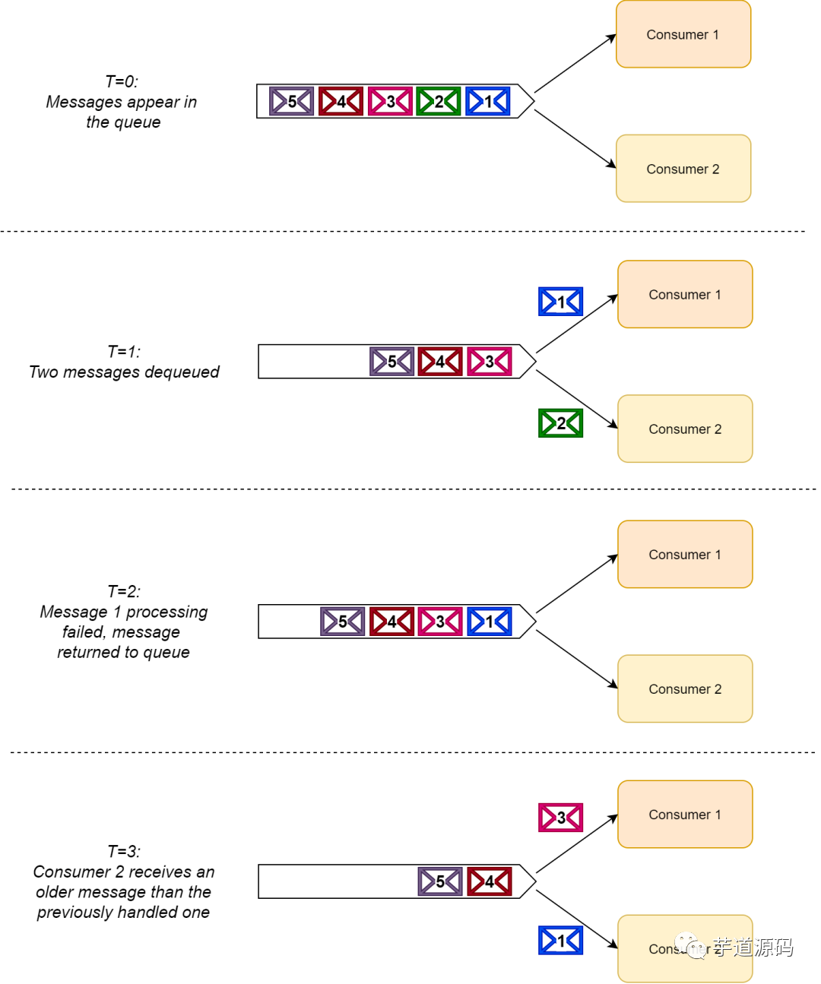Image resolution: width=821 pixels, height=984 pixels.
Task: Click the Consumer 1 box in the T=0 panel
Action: pyautogui.click(x=683, y=35)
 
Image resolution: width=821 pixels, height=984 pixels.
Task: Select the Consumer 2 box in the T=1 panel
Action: pyautogui.click(x=685, y=429)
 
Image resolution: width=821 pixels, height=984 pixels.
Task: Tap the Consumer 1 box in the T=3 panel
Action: pyautogui.click(x=685, y=815)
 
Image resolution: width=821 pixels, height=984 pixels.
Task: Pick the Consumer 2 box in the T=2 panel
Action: pyautogui.click(x=685, y=688)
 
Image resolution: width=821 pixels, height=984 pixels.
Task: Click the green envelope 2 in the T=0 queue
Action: pyautogui.click(x=439, y=102)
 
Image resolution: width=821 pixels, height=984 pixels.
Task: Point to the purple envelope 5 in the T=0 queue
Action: pyautogui.click(x=291, y=102)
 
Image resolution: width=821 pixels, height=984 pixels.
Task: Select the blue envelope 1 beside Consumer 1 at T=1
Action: pyautogui.click(x=560, y=302)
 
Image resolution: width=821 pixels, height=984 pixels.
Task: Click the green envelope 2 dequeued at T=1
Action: pyautogui.click(x=560, y=423)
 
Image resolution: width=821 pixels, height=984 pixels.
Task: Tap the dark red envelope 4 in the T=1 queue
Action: pyautogui.click(x=440, y=362)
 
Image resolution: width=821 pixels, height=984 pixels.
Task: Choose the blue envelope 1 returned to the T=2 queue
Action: pyautogui.click(x=490, y=622)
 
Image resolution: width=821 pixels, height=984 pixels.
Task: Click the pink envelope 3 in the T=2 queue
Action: pyautogui.click(x=440, y=622)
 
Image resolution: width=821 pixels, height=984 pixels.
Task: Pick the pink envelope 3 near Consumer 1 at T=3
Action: pyautogui.click(x=560, y=818)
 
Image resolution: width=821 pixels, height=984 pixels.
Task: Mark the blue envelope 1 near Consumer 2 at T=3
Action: pyautogui.click(x=560, y=941)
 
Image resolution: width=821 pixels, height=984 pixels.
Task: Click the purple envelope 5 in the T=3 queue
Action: pyautogui.click(x=440, y=881)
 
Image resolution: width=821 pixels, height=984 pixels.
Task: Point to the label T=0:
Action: pyautogui.click(x=122, y=82)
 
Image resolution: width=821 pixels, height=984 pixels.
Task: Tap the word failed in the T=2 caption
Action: pyautogui.click(x=83, y=632)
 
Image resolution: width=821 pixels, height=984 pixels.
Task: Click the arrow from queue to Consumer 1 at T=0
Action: pyautogui.click(x=575, y=64)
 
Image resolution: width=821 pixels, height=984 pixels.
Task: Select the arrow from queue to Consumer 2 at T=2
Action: pyautogui.click(x=576, y=660)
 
